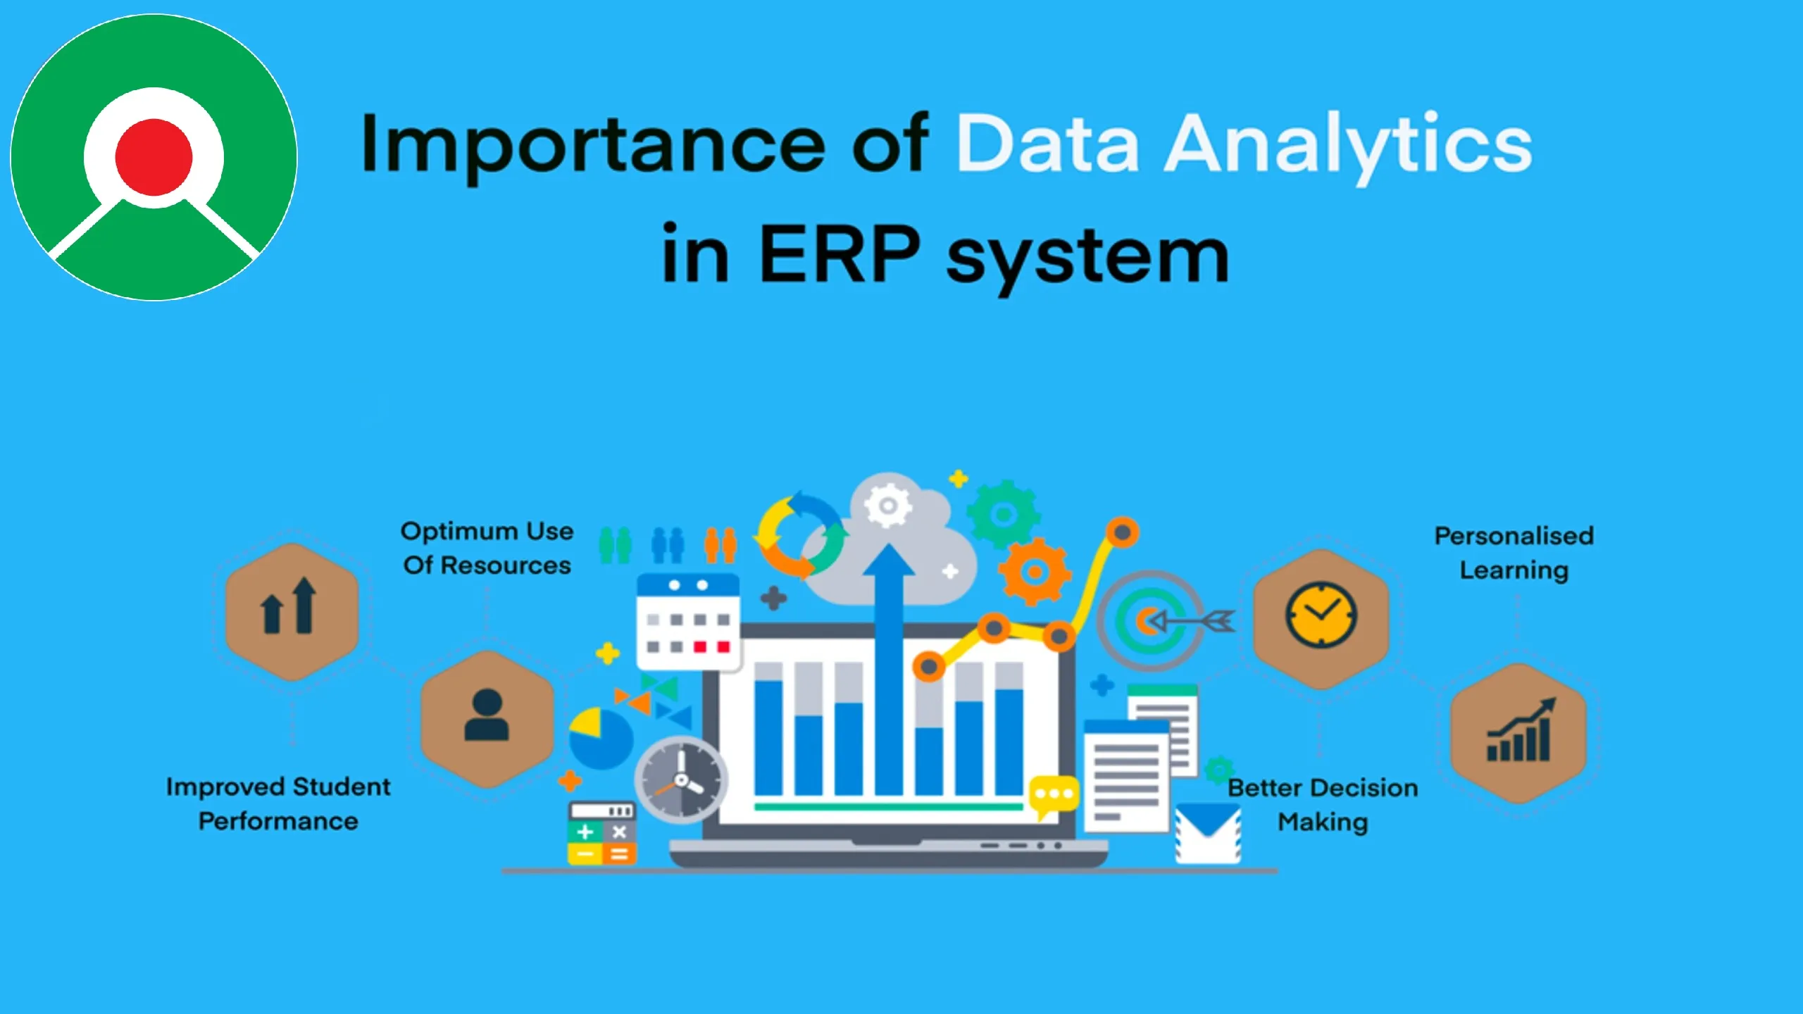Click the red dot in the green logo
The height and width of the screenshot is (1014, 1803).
[154, 157]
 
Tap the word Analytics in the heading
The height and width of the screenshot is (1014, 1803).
[1348, 144]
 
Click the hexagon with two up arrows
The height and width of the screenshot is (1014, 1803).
[292, 611]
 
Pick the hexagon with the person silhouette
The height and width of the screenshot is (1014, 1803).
[487, 718]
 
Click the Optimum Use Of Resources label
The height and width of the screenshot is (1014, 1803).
[487, 548]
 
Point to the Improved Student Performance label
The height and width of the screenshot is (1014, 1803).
[278, 803]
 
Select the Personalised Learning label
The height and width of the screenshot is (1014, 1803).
[1514, 553]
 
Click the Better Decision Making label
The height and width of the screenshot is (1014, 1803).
[1323, 804]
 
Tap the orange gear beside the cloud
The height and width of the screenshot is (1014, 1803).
[1033, 572]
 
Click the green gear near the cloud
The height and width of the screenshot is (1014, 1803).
[1002, 515]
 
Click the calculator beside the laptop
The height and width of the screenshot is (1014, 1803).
[601, 833]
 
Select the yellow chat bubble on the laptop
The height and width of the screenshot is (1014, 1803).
[1053, 795]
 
